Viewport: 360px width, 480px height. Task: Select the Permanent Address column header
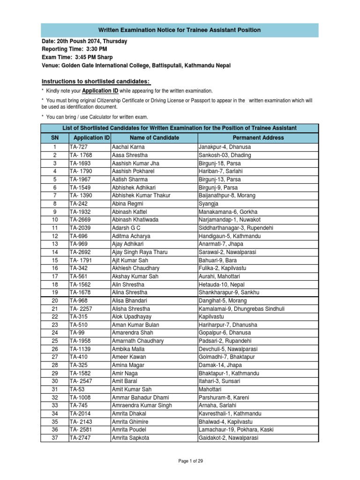258,138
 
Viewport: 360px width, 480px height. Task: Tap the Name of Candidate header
154,138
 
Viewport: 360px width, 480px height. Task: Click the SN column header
55,138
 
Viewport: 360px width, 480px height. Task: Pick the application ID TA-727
78,147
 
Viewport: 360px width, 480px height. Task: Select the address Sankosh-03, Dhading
225,155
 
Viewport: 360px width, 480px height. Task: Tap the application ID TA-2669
80,219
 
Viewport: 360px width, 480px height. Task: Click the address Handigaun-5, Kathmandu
230,236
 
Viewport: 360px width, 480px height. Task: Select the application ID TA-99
76,332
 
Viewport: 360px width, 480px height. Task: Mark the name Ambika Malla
128,349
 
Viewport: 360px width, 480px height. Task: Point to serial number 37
55,437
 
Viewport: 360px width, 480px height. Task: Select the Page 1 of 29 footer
180,461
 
